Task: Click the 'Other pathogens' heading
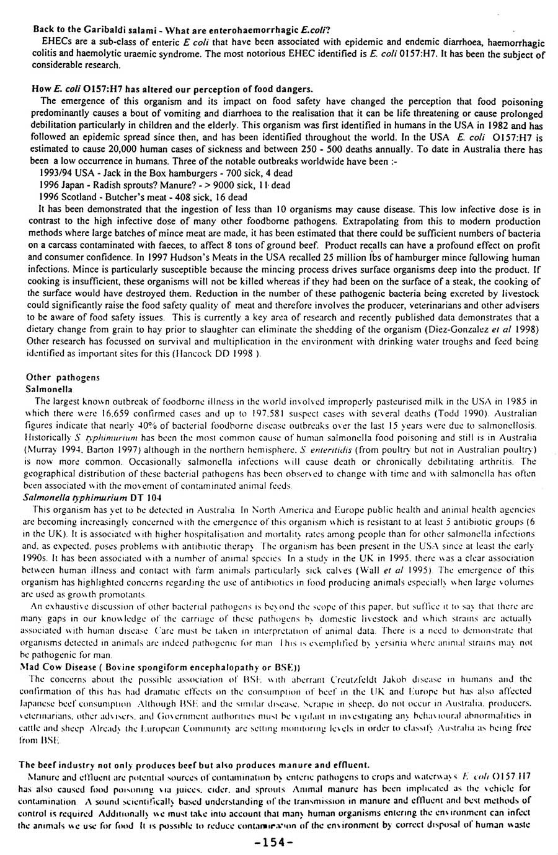pyautogui.click(x=63, y=377)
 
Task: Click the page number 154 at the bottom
pyautogui.click(x=278, y=843)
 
